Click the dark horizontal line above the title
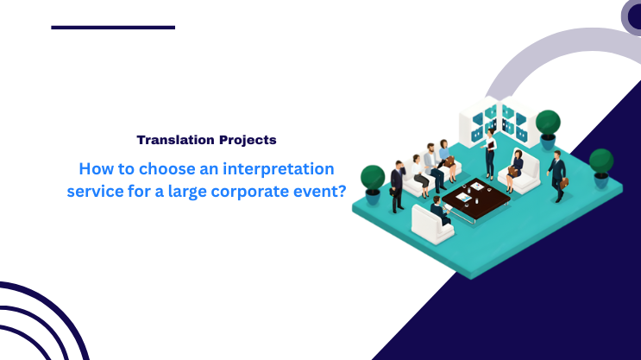coord(113,28)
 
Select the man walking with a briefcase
coord(557,174)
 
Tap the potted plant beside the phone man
coord(373,178)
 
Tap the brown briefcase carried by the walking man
coord(564,182)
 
